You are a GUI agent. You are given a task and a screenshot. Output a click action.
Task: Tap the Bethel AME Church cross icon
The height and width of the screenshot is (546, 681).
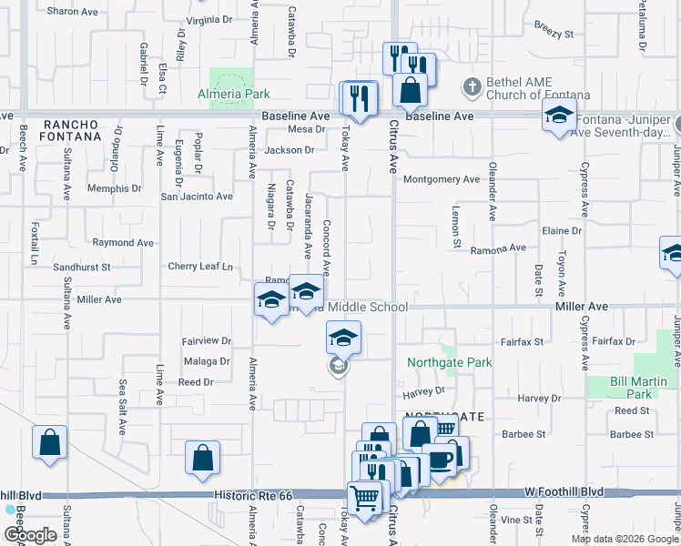pyautogui.click(x=472, y=86)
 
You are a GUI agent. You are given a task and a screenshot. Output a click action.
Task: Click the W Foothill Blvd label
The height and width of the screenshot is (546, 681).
pyautogui.click(x=564, y=491)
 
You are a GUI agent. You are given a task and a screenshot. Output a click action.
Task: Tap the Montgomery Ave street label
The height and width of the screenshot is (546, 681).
pyautogui.click(x=442, y=179)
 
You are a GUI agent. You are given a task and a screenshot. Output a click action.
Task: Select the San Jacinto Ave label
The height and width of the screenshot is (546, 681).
pyautogui.click(x=197, y=196)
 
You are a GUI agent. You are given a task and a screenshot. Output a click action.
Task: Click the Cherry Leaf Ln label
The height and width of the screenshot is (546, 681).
pyautogui.click(x=200, y=267)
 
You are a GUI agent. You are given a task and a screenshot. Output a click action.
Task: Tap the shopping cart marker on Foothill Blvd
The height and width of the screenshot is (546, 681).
pyautogui.click(x=364, y=499)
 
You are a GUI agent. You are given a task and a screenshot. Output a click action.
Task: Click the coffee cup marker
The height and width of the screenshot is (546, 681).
pyautogui.click(x=442, y=460)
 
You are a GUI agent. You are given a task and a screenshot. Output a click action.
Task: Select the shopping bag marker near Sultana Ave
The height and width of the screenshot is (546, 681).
pyautogui.click(x=49, y=444)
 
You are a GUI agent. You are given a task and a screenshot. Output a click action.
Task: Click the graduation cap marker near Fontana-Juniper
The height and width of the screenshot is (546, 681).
pyautogui.click(x=559, y=116)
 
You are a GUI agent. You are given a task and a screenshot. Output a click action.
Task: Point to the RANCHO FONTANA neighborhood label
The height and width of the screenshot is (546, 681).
pyautogui.click(x=70, y=130)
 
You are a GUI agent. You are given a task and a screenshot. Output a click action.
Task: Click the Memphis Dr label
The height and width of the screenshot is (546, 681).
pyautogui.click(x=115, y=188)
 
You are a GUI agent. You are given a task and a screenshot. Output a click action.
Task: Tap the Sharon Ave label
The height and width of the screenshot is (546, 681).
pyautogui.click(x=72, y=12)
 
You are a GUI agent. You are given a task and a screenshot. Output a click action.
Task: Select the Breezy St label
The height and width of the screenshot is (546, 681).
pyautogui.click(x=554, y=34)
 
